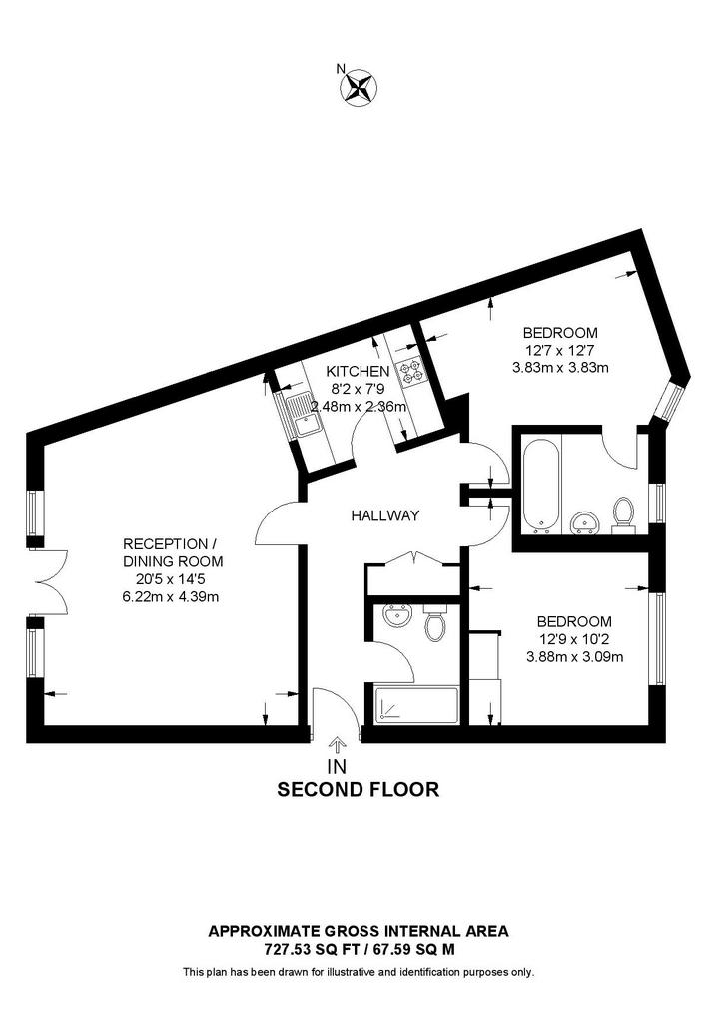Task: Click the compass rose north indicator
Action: pos(358,86)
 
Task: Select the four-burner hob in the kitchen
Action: pos(411,373)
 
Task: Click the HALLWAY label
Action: pos(384,516)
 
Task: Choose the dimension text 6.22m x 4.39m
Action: pos(171,596)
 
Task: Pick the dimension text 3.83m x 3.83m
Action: pos(560,367)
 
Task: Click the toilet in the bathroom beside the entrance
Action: pos(434,626)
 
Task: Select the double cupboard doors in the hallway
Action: pos(413,560)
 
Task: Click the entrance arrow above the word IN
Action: pos(338,744)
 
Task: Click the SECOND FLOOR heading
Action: pos(358,789)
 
